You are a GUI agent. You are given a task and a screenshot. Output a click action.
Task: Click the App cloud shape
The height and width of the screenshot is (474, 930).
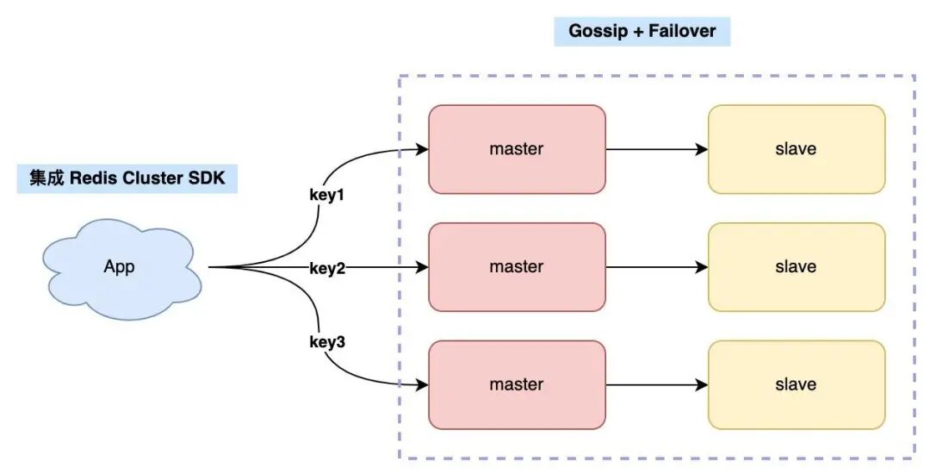(121, 266)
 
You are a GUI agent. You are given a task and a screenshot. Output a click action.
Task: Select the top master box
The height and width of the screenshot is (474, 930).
(517, 149)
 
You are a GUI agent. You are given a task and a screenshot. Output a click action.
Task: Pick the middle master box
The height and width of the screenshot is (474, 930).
(517, 267)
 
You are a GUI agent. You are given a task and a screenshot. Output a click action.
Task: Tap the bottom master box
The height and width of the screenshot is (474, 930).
(517, 384)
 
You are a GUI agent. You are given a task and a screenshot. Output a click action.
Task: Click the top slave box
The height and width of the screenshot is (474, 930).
(796, 149)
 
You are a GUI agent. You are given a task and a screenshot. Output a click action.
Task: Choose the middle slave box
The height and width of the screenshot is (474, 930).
(796, 267)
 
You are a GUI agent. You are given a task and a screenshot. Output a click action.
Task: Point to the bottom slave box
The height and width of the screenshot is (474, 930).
(796, 384)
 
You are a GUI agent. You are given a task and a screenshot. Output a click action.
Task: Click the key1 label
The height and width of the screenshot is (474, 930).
(326, 195)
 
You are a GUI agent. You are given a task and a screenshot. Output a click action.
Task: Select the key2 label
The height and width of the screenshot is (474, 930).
(326, 268)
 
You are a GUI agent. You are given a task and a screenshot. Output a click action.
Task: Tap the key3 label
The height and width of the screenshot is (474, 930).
(326, 342)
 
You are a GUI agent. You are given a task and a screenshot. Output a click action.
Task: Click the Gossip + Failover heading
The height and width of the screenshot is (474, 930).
(642, 32)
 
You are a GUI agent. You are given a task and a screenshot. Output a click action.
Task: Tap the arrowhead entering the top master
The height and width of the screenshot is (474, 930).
(422, 149)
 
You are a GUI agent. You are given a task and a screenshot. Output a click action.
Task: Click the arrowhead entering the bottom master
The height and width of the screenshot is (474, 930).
(422, 384)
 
